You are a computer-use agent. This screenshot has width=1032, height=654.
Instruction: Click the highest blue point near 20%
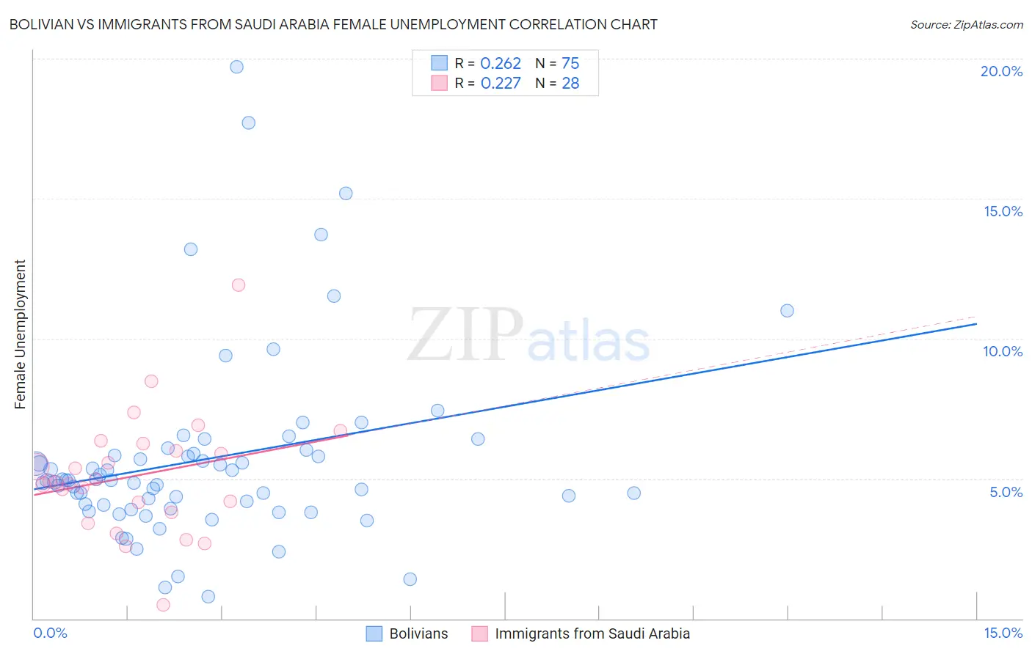(x=236, y=67)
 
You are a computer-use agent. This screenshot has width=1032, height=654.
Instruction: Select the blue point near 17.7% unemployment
(x=248, y=122)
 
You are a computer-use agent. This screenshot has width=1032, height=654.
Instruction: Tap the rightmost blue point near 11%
(x=787, y=310)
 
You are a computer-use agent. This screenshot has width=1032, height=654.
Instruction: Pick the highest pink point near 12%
(x=238, y=284)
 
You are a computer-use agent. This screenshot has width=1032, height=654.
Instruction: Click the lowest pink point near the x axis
(x=163, y=604)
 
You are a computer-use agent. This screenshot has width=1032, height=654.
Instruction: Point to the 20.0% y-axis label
(x=1001, y=71)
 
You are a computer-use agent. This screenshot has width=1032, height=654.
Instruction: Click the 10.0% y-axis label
(x=1002, y=351)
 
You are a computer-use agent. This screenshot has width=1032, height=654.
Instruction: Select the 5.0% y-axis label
(x=1006, y=492)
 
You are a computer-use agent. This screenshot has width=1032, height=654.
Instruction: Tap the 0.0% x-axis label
(x=50, y=633)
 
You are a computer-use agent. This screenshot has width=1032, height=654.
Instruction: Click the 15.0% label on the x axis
(x=1002, y=633)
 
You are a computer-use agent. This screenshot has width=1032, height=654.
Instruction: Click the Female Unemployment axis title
(x=20, y=334)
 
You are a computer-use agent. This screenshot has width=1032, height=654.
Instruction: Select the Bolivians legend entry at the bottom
(x=418, y=633)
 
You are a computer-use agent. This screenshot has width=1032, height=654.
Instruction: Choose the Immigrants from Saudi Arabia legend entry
(x=592, y=633)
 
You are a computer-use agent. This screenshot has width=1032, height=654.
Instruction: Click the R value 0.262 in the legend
(x=500, y=64)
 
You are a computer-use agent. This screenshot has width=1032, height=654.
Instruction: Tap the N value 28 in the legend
(x=570, y=84)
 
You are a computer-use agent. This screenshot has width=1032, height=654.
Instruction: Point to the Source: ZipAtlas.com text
(x=966, y=24)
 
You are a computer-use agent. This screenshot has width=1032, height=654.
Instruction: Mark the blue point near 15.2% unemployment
(x=346, y=194)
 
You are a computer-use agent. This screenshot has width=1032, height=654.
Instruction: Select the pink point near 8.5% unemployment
(x=151, y=381)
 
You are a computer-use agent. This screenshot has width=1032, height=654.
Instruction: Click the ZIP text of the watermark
(x=465, y=335)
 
